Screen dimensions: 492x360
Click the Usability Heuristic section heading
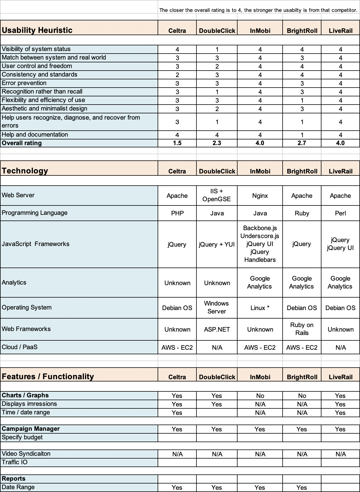click(37, 30)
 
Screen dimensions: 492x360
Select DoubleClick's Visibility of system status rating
click(217, 49)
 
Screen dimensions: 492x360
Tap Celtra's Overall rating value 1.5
click(177, 143)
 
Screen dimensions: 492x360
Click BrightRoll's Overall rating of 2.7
click(302, 143)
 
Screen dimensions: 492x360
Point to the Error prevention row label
click(24, 83)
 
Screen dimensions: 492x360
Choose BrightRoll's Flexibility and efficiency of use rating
click(302, 100)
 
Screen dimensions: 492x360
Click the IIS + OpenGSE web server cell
click(217, 195)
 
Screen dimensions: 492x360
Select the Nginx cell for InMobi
click(260, 196)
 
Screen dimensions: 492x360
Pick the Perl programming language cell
click(340, 213)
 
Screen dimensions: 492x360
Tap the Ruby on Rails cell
click(302, 329)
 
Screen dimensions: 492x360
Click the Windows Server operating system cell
click(217, 307)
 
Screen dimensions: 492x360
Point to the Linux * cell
click(260, 308)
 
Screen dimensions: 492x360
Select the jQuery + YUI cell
click(217, 245)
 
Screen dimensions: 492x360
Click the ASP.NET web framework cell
click(217, 330)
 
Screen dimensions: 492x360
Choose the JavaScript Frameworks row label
click(35, 244)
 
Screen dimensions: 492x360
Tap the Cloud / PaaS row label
click(20, 347)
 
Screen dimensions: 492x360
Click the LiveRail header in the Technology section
click(340, 171)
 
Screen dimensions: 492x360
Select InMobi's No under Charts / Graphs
click(260, 396)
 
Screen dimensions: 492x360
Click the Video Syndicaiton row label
click(26, 454)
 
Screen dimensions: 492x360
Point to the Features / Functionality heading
click(48, 376)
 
